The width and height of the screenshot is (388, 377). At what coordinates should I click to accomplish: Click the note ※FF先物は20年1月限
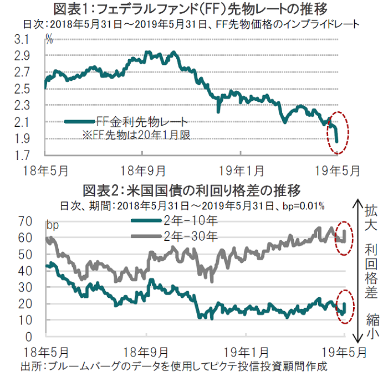(x=136, y=135)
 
